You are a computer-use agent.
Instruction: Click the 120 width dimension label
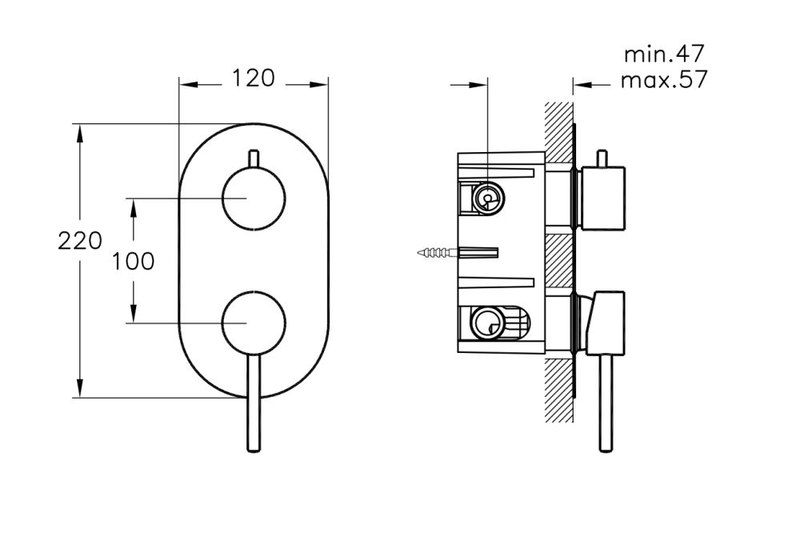(253, 78)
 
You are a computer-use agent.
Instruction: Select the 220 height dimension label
(80, 240)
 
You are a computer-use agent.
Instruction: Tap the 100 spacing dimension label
(133, 261)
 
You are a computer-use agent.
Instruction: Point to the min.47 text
(663, 54)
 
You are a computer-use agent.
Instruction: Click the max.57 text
(664, 81)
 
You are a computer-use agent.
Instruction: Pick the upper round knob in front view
(253, 198)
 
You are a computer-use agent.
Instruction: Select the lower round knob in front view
(253, 323)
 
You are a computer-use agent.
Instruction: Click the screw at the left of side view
(436, 254)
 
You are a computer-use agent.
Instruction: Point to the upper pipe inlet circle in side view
(486, 198)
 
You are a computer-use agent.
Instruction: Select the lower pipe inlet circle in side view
(486, 324)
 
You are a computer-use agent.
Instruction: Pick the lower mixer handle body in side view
(605, 323)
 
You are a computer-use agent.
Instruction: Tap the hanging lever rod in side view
(606, 404)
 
